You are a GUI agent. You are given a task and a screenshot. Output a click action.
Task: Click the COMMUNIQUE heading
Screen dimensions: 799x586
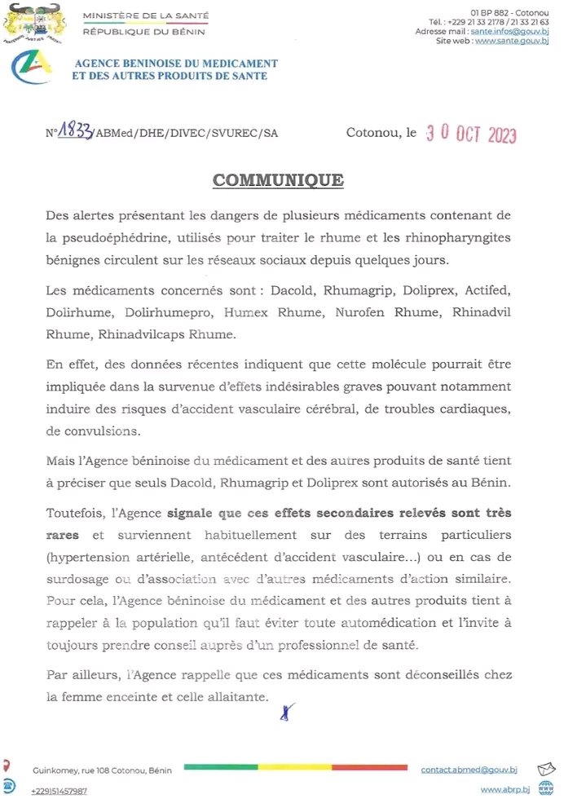[278, 180]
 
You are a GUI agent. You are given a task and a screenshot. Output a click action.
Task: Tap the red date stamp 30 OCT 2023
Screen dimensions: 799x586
[471, 135]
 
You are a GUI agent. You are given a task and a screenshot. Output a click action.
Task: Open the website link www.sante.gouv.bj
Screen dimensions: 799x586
[511, 40]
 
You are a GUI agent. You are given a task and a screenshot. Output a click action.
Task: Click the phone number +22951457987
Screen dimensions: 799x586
[59, 790]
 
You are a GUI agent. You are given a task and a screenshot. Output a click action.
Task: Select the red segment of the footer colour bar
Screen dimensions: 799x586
[370, 767]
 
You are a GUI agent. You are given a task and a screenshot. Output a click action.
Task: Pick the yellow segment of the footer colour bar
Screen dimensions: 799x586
[295, 767]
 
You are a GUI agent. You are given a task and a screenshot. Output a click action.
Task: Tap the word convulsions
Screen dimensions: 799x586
[98, 430]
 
